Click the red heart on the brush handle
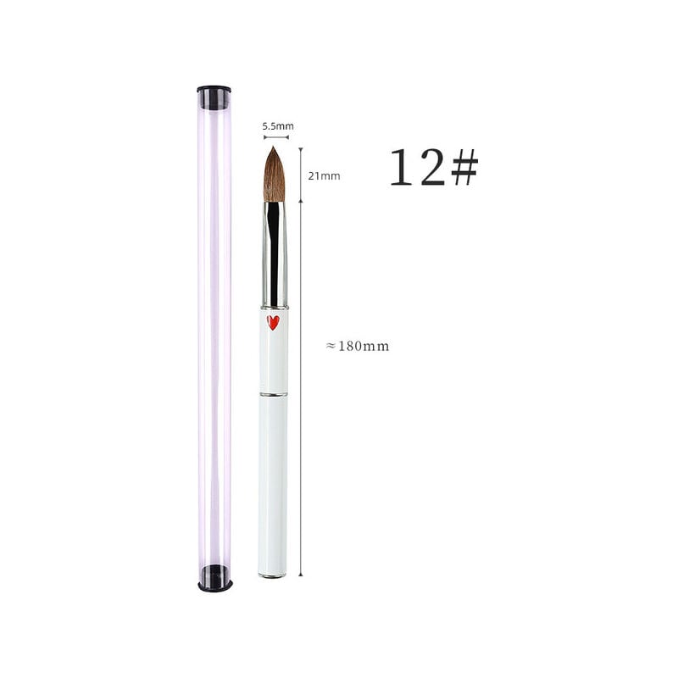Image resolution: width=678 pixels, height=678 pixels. pyautogui.click(x=273, y=323)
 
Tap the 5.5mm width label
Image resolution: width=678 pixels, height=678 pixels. pyautogui.click(x=278, y=126)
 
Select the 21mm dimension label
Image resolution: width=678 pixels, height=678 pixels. pyautogui.click(x=324, y=176)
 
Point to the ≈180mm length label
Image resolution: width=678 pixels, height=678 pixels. pyautogui.click(x=357, y=346)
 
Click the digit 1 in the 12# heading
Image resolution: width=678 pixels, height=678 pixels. pyautogui.click(x=401, y=167)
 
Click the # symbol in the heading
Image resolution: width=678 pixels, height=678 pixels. pyautogui.click(x=464, y=167)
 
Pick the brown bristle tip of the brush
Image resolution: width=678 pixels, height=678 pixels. pyautogui.click(x=274, y=175)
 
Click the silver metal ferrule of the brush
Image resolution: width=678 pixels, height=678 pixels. pyautogui.click(x=274, y=254)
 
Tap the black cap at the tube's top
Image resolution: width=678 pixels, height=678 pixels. pyautogui.click(x=214, y=97)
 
